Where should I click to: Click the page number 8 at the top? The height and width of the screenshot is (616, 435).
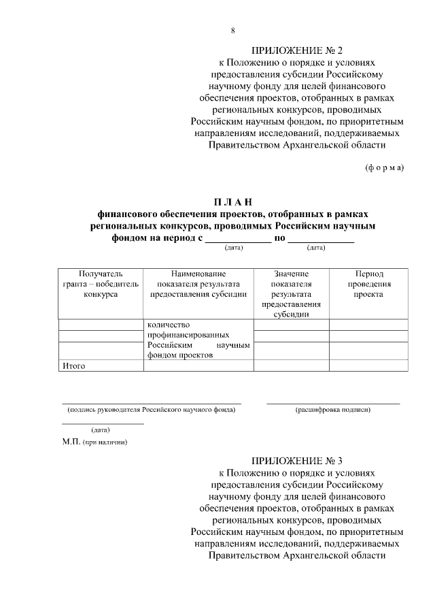(x=233, y=31)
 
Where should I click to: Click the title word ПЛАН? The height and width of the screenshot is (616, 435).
(x=232, y=202)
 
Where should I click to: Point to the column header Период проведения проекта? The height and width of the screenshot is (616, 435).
(x=368, y=284)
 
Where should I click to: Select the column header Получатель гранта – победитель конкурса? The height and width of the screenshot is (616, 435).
(x=101, y=284)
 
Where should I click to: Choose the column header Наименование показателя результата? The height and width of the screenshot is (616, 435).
(x=198, y=284)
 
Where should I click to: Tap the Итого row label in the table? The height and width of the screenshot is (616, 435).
(x=73, y=366)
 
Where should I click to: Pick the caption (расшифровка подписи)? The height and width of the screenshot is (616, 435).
(x=332, y=410)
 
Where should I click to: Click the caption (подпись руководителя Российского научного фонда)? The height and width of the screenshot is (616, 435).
(x=151, y=410)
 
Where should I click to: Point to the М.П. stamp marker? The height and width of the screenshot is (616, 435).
(x=71, y=442)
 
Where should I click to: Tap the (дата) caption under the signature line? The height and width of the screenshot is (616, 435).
(x=101, y=429)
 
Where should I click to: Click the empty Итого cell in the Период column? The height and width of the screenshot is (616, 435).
(x=368, y=366)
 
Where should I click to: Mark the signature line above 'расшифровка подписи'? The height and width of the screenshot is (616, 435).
(x=332, y=403)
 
